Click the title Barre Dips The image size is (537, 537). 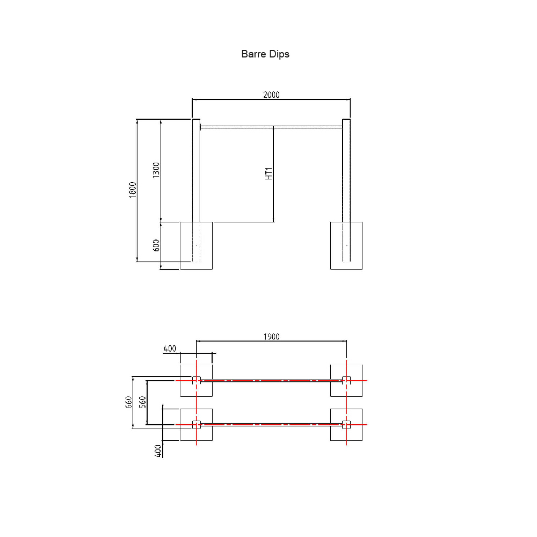[265, 54]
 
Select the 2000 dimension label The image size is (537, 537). [271, 95]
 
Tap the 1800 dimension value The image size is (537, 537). [133, 190]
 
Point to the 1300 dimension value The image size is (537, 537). [156, 170]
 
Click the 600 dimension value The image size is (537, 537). [156, 245]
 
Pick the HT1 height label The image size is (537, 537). [269, 173]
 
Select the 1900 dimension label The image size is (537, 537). [271, 337]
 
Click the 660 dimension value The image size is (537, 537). [128, 402]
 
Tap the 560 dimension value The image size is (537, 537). [142, 402]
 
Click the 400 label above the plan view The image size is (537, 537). [170, 349]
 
